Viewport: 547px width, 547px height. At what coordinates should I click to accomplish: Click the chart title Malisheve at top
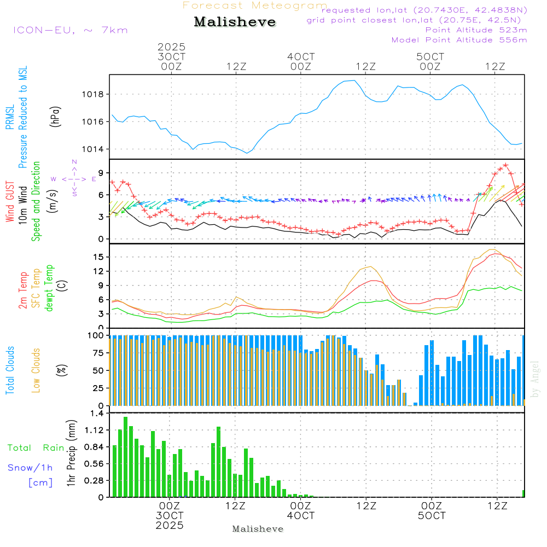(x=235, y=22)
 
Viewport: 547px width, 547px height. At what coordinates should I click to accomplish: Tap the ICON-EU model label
(x=70, y=30)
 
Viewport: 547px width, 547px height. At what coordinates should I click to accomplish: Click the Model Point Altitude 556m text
(x=459, y=40)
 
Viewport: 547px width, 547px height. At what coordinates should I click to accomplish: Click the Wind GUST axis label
(x=10, y=202)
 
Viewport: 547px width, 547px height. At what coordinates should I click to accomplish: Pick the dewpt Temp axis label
(x=49, y=288)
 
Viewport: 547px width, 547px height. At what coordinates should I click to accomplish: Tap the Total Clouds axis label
(x=10, y=370)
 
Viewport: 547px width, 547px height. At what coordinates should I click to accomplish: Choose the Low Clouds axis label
(x=36, y=370)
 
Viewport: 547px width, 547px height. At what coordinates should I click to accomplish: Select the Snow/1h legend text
(x=30, y=468)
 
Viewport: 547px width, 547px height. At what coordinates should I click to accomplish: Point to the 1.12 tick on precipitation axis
(x=94, y=430)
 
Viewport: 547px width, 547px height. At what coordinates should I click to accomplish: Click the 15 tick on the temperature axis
(x=98, y=257)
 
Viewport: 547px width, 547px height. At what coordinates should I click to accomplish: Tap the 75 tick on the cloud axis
(x=96, y=353)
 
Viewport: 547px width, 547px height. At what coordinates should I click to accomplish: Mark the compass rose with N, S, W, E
(x=74, y=179)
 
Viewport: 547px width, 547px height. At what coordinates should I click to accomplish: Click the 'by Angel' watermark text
(x=535, y=379)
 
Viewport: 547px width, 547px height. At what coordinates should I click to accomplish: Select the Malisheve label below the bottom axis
(x=258, y=529)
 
